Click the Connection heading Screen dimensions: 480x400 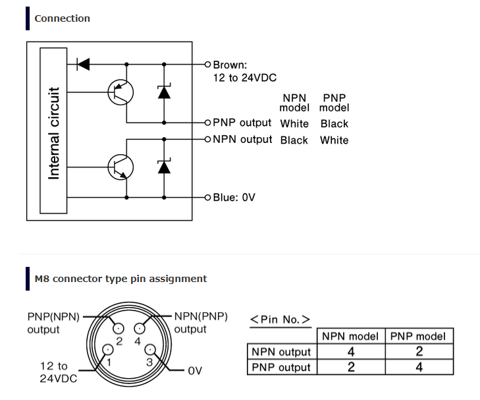point(62,18)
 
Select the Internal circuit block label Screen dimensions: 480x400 point(53,133)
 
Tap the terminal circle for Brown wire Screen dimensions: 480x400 point(207,65)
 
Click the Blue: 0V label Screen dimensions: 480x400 point(234,197)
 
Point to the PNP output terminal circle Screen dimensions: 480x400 point(207,123)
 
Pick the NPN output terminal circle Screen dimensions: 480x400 point(207,139)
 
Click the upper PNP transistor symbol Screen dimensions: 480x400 point(120,92)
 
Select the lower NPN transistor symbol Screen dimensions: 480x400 point(120,167)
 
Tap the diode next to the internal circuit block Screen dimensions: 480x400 point(83,65)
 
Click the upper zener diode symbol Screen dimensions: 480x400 point(164,92)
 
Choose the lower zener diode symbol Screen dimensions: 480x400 point(164,166)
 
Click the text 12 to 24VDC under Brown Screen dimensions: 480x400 point(244,78)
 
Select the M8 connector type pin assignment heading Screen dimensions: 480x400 point(120,279)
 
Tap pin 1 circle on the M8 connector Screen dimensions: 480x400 point(108,349)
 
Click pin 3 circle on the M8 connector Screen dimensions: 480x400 point(149,349)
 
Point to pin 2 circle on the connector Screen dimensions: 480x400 point(119,329)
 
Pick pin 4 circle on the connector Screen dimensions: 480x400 point(140,329)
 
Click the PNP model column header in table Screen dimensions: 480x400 point(418,336)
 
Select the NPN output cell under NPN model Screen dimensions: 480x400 point(351,352)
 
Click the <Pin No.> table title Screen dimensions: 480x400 point(280,320)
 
